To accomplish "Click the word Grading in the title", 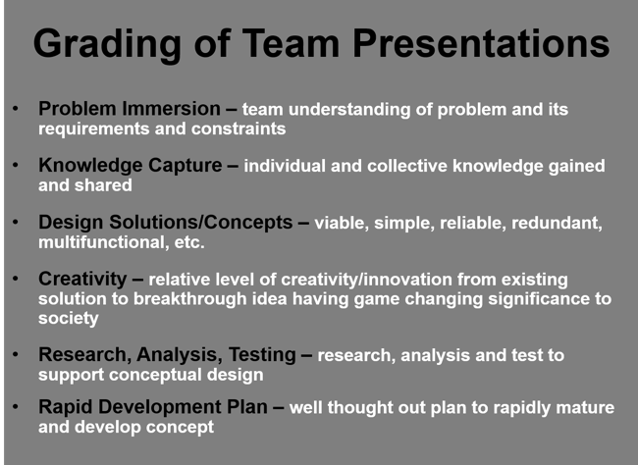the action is [x=107, y=45].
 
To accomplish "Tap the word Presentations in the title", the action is [x=481, y=43].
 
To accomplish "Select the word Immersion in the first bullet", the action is [x=172, y=109].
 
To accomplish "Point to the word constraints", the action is [x=239, y=129].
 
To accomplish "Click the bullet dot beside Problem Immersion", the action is [x=16, y=109].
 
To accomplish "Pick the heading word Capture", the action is [x=186, y=166].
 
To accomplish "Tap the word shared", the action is [x=103, y=185].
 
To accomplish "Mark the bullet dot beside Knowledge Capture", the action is [x=16, y=165].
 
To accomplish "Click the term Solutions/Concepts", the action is [x=200, y=222].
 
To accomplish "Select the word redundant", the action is [x=557, y=224].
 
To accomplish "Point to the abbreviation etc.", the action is [x=189, y=243].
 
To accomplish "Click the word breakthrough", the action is [x=190, y=299].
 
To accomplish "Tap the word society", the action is [x=69, y=319].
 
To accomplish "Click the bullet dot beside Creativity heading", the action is [x=16, y=279].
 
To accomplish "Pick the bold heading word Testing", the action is [x=262, y=355].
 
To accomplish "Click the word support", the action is [x=72, y=376].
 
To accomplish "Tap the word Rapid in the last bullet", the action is [x=66, y=407].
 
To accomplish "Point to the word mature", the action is [x=585, y=408].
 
